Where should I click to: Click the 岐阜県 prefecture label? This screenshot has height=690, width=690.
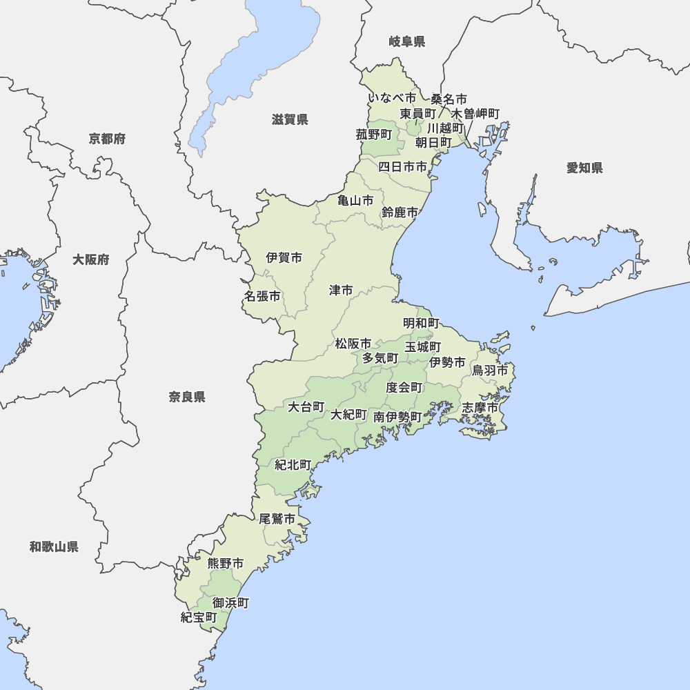point(406,42)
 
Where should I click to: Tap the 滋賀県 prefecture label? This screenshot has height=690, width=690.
point(290,120)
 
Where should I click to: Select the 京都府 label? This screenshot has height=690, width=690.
point(107,139)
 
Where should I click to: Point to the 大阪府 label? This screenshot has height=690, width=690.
point(90,260)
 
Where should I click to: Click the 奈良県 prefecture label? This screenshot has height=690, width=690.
point(187,397)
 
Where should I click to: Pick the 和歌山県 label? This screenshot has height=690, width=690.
point(54,547)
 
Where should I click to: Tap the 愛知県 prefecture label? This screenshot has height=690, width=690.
point(584,168)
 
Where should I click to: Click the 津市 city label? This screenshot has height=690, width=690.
point(341,290)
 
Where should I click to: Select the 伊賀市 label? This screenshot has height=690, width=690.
point(284,258)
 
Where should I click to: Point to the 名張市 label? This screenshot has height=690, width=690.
point(262,296)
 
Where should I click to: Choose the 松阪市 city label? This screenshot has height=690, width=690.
point(353,344)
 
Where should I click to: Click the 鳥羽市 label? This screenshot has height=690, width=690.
point(490,371)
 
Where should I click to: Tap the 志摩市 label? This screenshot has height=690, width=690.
point(480,408)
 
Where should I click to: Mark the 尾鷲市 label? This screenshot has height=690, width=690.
point(277,519)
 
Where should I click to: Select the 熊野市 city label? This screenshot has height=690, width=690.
point(226,564)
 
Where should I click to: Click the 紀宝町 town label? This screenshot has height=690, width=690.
point(199,617)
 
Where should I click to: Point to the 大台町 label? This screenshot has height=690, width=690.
point(306,407)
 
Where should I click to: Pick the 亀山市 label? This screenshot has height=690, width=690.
point(355,201)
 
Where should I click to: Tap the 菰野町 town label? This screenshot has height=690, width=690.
point(374,135)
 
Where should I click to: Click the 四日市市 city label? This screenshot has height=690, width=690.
point(402,166)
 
